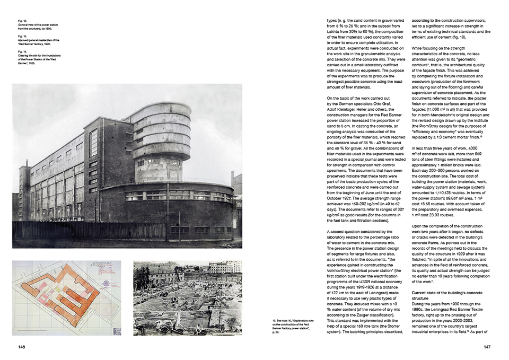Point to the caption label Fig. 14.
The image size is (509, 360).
coord(22,51)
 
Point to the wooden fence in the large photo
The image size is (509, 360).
coord(90,230)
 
